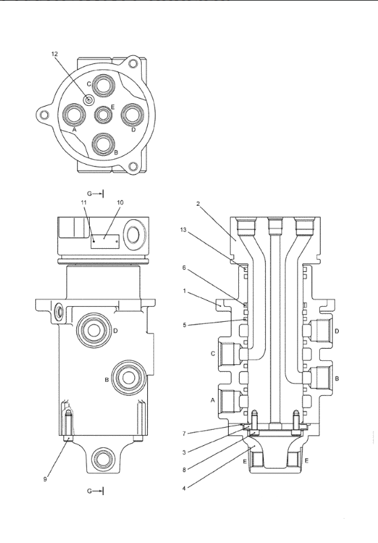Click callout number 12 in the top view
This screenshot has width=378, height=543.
click(x=55, y=54)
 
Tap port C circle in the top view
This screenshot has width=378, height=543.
click(x=103, y=84)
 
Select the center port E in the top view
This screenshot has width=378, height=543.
click(x=103, y=115)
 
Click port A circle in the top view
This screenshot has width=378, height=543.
click(x=74, y=114)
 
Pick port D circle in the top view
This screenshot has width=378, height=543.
click(x=132, y=114)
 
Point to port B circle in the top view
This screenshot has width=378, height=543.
click(x=103, y=144)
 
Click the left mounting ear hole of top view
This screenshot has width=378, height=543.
click(x=44, y=114)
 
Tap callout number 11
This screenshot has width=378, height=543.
click(x=84, y=202)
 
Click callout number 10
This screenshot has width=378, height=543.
click(x=120, y=202)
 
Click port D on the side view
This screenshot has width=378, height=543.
click(x=94, y=331)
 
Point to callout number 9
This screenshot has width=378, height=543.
click(x=45, y=480)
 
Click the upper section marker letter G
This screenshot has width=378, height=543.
click(x=89, y=194)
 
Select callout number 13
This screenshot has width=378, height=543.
click(x=184, y=230)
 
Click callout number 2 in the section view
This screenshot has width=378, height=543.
click(x=198, y=204)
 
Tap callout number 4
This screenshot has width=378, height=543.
click(x=184, y=488)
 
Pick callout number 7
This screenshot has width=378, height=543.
click(x=184, y=433)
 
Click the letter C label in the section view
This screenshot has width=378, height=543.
click(x=213, y=353)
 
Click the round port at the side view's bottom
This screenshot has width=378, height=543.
click(x=103, y=459)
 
